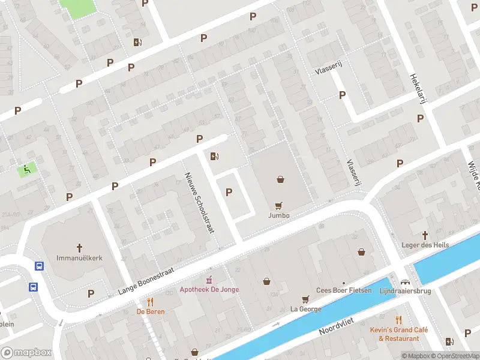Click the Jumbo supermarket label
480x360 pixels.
click(279, 215)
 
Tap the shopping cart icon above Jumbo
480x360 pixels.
click(278, 205)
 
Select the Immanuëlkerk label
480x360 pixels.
click(79, 257)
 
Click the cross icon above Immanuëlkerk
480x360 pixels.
click(79, 247)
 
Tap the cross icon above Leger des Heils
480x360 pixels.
click(425, 235)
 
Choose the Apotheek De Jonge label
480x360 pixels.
click(209, 289)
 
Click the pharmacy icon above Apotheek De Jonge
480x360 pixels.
click(209, 280)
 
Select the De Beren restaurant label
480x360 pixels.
click(150, 311)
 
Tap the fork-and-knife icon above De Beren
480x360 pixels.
click(150, 302)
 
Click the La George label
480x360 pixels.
click(305, 309)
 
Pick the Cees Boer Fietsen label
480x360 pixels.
click(343, 290)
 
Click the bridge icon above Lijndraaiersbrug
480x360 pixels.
click(405, 281)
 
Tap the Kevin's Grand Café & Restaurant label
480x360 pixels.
click(398, 334)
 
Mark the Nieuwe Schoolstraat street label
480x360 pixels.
click(200, 203)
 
